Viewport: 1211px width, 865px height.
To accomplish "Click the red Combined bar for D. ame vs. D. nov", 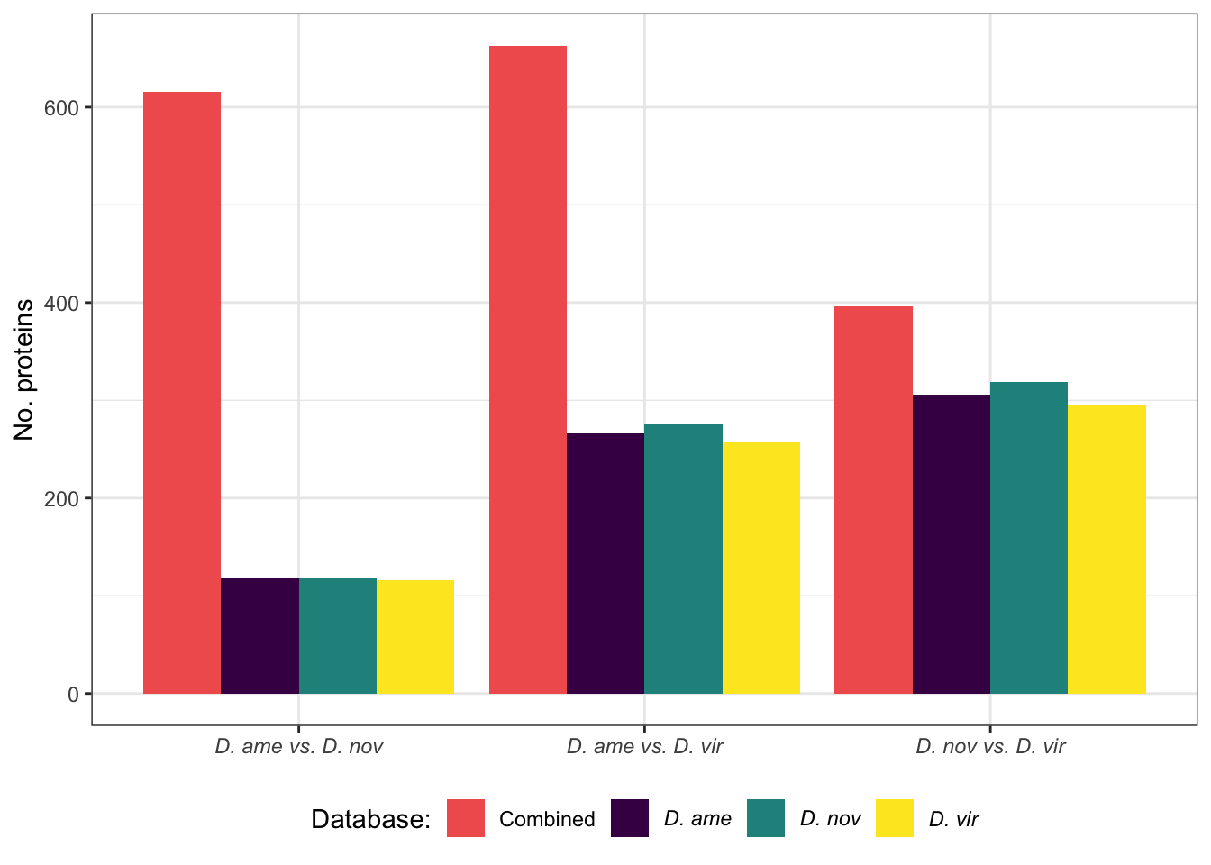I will click(x=182, y=393).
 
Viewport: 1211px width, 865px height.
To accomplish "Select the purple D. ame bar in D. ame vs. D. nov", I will click(x=259, y=635).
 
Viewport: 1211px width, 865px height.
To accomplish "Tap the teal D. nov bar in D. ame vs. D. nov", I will click(x=338, y=636).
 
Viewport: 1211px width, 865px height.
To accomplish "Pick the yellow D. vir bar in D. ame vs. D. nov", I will click(x=415, y=637).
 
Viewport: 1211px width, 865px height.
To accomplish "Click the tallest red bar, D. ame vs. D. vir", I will click(x=528, y=369).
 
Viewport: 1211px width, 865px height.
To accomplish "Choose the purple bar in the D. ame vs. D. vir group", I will click(x=605, y=563).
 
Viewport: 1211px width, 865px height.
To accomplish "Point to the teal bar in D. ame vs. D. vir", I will click(x=683, y=559).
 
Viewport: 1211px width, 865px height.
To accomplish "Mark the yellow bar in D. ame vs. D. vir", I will click(x=761, y=568).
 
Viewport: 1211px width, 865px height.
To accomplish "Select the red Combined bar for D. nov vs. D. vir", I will click(x=873, y=500).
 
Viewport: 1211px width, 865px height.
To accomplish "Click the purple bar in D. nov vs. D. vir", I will click(x=951, y=544).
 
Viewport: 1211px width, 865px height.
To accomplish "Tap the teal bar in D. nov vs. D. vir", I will click(x=1029, y=538).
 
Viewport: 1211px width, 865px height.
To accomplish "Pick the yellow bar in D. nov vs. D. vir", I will click(x=1106, y=549).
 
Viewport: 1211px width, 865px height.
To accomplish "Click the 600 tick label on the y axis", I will click(x=62, y=107).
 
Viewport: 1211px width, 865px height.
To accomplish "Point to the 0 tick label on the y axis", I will click(x=74, y=694).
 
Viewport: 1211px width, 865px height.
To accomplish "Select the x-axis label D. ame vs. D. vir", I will click(x=644, y=747).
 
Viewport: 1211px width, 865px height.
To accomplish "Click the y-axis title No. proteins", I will click(x=24, y=369).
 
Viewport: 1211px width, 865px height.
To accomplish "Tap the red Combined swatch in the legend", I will click(x=466, y=818).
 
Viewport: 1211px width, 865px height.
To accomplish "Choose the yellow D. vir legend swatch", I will click(x=895, y=818).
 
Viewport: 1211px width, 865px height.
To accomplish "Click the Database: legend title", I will click(x=370, y=819).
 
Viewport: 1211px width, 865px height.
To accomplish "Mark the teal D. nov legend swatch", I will click(x=766, y=818).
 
